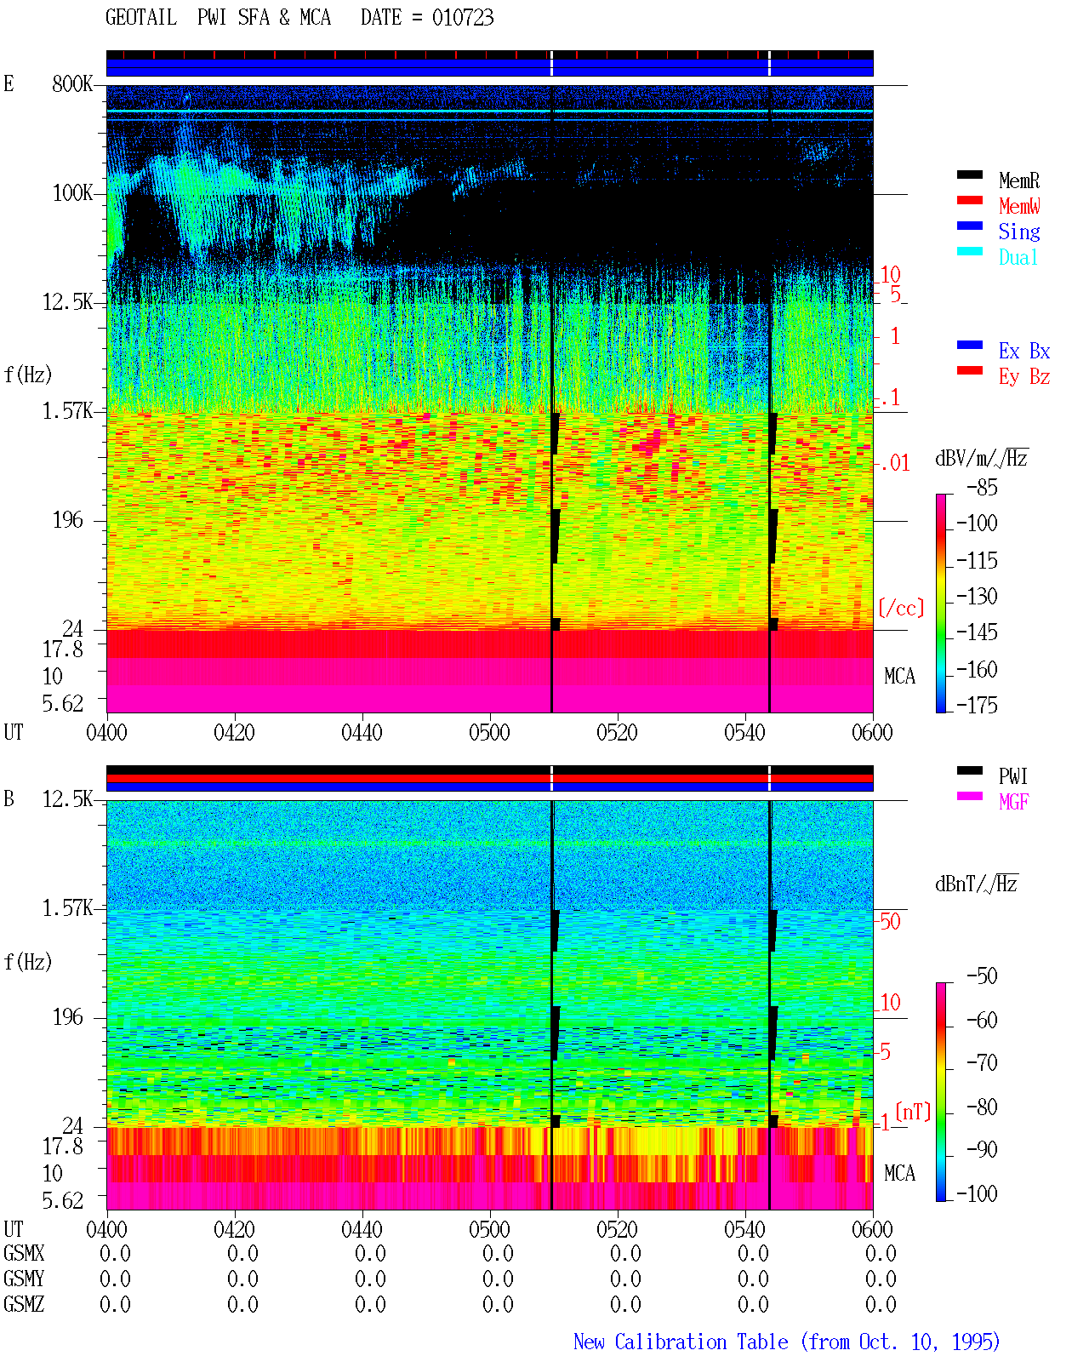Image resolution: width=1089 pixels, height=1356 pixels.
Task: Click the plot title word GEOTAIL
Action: tap(141, 17)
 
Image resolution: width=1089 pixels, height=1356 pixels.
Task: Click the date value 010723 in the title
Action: tap(462, 17)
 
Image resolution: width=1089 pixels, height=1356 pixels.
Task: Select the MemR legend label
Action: tap(1018, 180)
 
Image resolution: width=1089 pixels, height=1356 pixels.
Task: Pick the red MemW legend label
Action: tap(1018, 206)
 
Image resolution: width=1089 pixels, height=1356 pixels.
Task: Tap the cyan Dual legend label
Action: tap(1018, 257)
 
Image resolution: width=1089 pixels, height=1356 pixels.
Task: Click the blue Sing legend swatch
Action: tap(969, 226)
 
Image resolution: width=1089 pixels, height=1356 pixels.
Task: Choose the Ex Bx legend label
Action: tap(1024, 351)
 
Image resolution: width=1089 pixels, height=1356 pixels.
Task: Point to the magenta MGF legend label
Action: tap(1013, 802)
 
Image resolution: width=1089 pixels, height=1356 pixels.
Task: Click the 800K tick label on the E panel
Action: tap(72, 83)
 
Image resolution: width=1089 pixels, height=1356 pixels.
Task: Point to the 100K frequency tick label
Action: tap(72, 193)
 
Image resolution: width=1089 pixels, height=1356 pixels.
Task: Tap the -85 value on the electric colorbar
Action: tap(982, 487)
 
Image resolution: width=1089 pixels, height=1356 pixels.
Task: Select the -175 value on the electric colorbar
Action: tap(977, 705)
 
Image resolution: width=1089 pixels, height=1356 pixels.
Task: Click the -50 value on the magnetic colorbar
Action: tap(982, 976)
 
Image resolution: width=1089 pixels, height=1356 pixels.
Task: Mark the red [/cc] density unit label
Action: tap(901, 608)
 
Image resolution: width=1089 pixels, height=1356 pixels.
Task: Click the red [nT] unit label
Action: tap(913, 1112)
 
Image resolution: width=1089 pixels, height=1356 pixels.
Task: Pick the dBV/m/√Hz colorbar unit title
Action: tap(981, 458)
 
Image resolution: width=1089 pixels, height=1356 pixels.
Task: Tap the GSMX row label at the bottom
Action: tap(24, 1253)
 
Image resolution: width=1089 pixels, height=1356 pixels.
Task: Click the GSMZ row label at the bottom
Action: tap(24, 1304)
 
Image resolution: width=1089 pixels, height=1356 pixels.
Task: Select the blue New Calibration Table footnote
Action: tap(786, 1342)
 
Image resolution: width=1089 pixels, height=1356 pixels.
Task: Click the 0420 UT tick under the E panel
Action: tap(234, 733)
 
